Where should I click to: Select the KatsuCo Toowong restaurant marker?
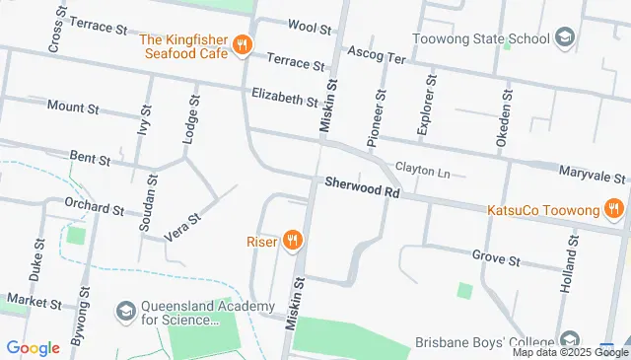(x=612, y=209)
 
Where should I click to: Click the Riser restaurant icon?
(x=291, y=240)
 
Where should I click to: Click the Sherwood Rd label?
(x=362, y=186)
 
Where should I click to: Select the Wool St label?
(x=310, y=27)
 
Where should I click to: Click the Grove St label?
(x=495, y=259)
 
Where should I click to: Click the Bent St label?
(x=90, y=156)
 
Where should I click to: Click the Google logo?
(x=33, y=347)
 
